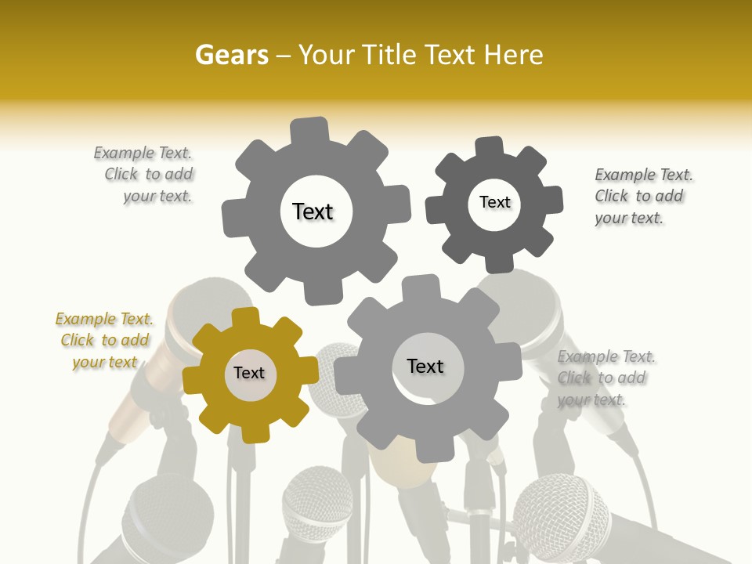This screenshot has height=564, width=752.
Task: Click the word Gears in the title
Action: click(x=231, y=55)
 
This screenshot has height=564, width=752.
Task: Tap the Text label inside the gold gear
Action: click(x=249, y=374)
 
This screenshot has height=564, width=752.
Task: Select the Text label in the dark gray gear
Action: click(x=494, y=203)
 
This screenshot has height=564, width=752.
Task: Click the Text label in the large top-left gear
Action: click(x=313, y=212)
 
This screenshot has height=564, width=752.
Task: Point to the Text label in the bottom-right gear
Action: click(x=425, y=367)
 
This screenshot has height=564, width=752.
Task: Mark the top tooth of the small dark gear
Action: click(x=490, y=146)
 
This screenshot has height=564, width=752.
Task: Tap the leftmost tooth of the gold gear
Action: click(x=193, y=380)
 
